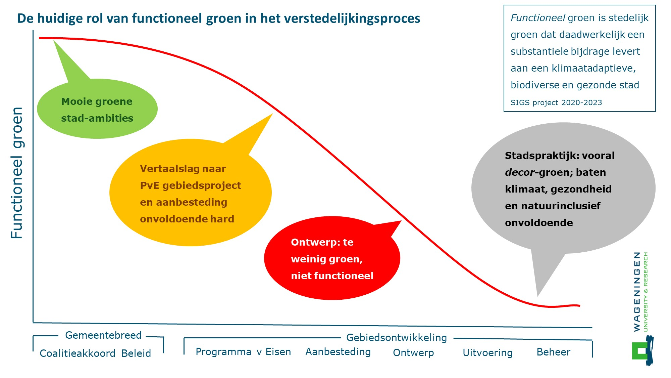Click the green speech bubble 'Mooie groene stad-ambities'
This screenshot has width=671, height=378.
click(97, 110)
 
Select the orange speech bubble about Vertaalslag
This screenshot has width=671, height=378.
click(190, 193)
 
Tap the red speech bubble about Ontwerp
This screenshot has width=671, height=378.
click(332, 259)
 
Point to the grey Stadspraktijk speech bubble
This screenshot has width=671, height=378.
click(563, 188)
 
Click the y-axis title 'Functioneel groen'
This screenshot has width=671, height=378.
click(17, 173)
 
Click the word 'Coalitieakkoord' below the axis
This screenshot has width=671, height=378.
click(78, 353)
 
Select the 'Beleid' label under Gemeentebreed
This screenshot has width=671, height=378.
click(136, 353)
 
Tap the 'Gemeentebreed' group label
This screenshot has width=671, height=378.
click(103, 335)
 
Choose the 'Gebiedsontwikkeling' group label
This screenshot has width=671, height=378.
click(397, 338)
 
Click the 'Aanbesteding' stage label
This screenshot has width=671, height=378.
click(338, 352)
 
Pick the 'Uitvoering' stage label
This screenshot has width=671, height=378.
click(487, 353)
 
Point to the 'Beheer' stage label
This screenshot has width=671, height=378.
click(553, 352)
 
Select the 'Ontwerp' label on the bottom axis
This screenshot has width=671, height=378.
click(413, 353)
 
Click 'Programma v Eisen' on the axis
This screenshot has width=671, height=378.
click(243, 352)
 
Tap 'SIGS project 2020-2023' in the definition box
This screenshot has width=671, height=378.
click(556, 103)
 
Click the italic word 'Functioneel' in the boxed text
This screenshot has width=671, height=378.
click(538, 18)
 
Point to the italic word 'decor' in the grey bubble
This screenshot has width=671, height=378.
click(519, 172)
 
